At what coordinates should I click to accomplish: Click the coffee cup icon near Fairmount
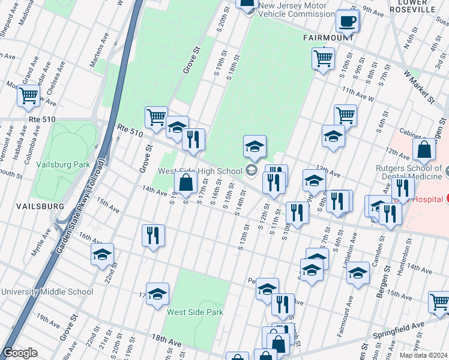pyautogui.click(x=348, y=22)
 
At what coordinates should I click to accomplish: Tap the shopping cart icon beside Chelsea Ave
pyautogui.click(x=29, y=96)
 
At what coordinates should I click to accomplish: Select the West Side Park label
pyautogui.click(x=195, y=312)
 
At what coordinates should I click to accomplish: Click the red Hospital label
pyautogui.click(x=427, y=198)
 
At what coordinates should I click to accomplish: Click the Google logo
pyautogui.click(x=20, y=353)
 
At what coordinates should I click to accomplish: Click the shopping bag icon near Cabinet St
pyautogui.click(x=424, y=151)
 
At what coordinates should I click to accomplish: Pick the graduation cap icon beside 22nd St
pyautogui.click(x=102, y=254)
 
